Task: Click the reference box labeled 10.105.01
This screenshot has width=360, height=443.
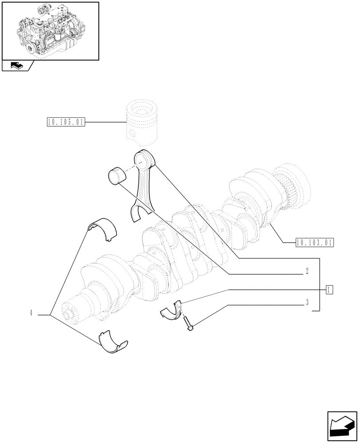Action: [x=65, y=122]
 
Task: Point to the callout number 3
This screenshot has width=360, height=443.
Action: [x=306, y=303]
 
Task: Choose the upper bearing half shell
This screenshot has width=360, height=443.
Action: [x=103, y=229]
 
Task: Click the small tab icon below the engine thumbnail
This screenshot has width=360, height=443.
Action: [x=17, y=66]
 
